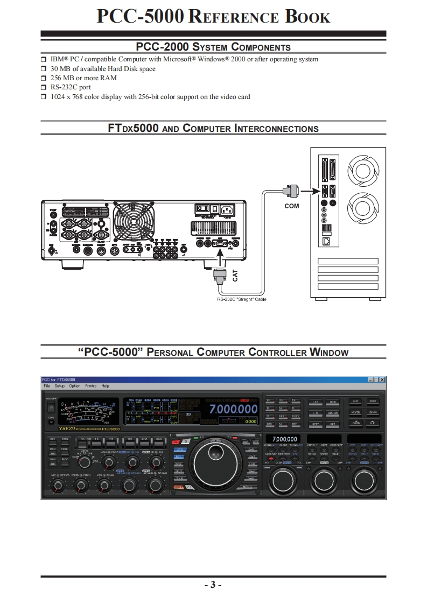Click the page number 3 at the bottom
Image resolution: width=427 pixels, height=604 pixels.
point(213,585)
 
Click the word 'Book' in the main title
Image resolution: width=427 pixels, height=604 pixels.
point(307,17)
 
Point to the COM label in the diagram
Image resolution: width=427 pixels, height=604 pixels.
point(291,206)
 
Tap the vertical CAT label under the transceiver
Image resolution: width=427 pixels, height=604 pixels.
point(235,276)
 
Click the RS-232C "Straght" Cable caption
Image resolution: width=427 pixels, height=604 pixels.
point(242,299)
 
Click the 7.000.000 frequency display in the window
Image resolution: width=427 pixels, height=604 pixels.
point(233,409)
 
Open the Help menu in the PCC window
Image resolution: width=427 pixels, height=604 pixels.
point(105,386)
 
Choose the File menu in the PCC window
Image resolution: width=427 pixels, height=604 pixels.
point(47,386)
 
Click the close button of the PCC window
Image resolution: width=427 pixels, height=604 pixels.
point(382,380)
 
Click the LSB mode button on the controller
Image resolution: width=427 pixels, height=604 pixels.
point(316,402)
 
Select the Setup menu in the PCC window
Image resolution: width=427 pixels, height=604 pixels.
point(59,386)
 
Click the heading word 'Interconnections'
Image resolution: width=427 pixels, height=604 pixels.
point(276,129)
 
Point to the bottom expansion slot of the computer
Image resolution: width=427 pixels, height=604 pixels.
point(348,287)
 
